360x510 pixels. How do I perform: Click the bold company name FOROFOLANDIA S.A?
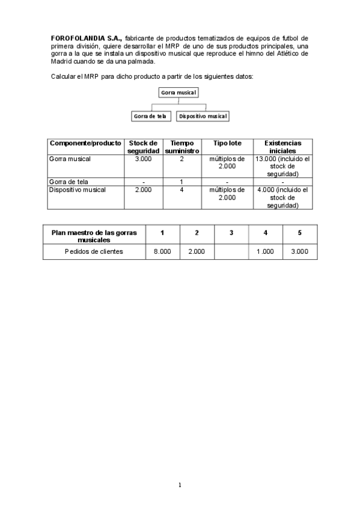pyautogui.click(x=86, y=38)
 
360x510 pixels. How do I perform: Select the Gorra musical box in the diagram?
pyautogui.click(x=178, y=92)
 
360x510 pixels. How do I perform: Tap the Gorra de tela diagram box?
pyautogui.click(x=151, y=116)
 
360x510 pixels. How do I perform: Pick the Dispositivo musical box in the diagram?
pyautogui.click(x=203, y=116)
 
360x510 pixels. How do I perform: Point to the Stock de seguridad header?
pyautogui.click(x=143, y=147)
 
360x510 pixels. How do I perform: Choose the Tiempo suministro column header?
pyautogui.click(x=182, y=147)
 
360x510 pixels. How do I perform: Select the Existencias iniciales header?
pyautogui.click(x=282, y=147)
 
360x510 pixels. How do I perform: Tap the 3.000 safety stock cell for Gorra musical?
pyautogui.click(x=143, y=159)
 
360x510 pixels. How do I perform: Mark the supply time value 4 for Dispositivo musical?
pyautogui.click(x=182, y=189)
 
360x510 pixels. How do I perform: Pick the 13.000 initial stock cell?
pyautogui.click(x=282, y=166)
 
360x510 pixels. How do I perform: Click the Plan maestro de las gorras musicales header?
pyautogui.click(x=94, y=236)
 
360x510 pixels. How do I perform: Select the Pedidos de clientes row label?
pyautogui.click(x=94, y=251)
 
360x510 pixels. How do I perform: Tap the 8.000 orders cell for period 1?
pyautogui.click(x=162, y=251)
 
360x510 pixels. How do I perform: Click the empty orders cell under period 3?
pyautogui.click(x=231, y=251)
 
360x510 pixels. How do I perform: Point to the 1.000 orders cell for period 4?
pyautogui.click(x=266, y=251)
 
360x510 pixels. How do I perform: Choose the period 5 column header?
pyautogui.click(x=300, y=232)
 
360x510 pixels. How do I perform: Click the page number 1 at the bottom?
pyautogui.click(x=180, y=485)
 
